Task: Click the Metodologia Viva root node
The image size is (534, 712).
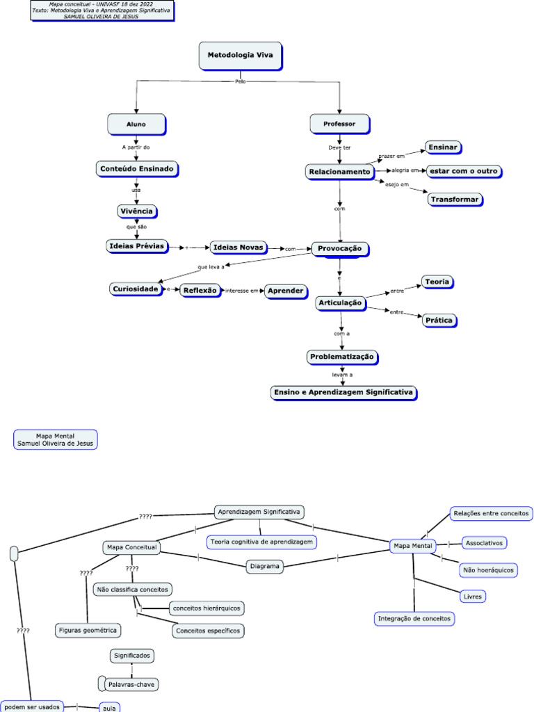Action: point(240,56)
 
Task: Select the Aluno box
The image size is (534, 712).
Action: point(136,124)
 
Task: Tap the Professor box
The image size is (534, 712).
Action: point(339,124)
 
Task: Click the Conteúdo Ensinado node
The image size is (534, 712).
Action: point(136,168)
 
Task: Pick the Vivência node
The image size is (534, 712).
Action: point(136,211)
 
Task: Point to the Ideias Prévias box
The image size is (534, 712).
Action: point(136,245)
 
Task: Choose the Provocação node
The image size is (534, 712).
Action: point(339,248)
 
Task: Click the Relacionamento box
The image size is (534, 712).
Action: point(339,171)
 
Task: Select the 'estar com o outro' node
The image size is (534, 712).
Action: point(463,171)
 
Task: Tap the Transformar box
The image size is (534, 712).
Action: point(455,199)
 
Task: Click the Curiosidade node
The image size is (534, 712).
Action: point(136,289)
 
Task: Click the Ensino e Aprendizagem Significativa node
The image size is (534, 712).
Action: point(343,393)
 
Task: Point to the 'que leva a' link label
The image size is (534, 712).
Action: point(211,266)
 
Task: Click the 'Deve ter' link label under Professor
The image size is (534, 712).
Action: point(339,147)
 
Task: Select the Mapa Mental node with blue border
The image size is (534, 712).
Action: point(413,546)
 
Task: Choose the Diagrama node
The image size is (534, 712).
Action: point(265,567)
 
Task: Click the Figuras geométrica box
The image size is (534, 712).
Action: point(88,630)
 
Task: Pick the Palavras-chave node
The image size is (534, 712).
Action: point(131,685)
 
